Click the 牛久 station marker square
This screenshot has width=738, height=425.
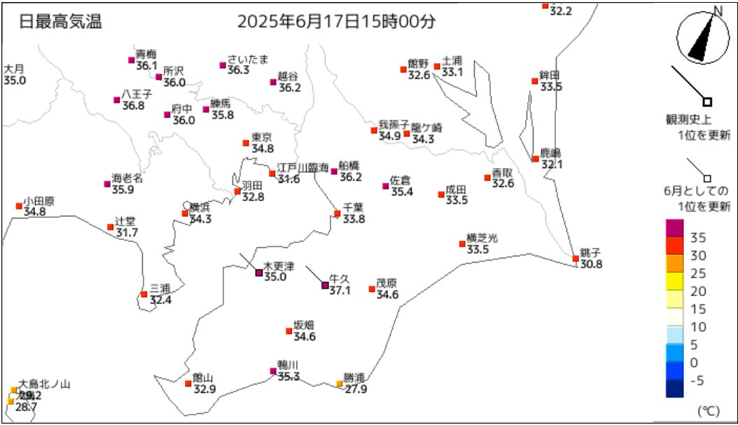coord(324,285)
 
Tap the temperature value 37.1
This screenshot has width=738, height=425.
coord(340,290)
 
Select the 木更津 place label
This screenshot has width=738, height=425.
coord(279,267)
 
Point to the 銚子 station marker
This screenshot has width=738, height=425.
coord(576,258)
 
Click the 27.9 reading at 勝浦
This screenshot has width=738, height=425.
coord(355,389)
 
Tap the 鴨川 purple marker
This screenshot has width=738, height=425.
coord(273,371)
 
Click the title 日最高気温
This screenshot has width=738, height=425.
coord(61,22)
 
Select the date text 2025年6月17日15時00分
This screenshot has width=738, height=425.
coord(336,22)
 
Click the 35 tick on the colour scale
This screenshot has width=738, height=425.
coord(698,236)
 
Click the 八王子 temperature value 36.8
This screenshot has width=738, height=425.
coord(133,106)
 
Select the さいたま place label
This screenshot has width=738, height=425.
coord(248,60)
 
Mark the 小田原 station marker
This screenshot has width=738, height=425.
coord(19,206)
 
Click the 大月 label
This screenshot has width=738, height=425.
coord(14,69)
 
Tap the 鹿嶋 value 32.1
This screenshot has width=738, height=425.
coord(552,165)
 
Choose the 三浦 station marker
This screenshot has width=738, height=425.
coord(144,294)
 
